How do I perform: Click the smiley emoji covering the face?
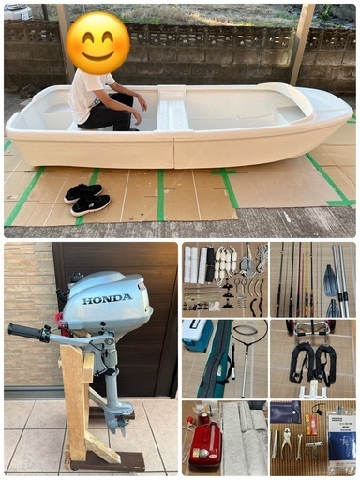(x=98, y=42)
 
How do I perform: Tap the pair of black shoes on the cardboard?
(x=87, y=198)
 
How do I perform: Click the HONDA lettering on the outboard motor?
(x=107, y=298)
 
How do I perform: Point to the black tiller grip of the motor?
(x=26, y=332)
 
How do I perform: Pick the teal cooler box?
(x=197, y=336)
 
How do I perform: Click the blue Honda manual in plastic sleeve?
(x=340, y=439)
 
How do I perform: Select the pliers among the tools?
(x=284, y=439)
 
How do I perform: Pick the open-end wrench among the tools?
(x=300, y=450)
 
